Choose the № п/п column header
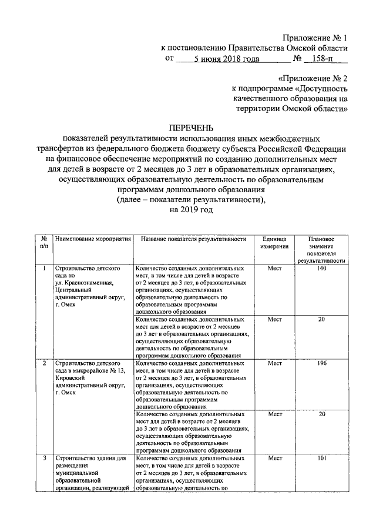(x=44, y=243)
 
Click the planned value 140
(x=321, y=268)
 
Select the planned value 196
(x=321, y=363)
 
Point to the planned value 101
(x=321, y=457)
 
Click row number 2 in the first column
(x=44, y=363)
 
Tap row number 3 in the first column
(x=44, y=457)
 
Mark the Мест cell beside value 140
(x=274, y=268)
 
